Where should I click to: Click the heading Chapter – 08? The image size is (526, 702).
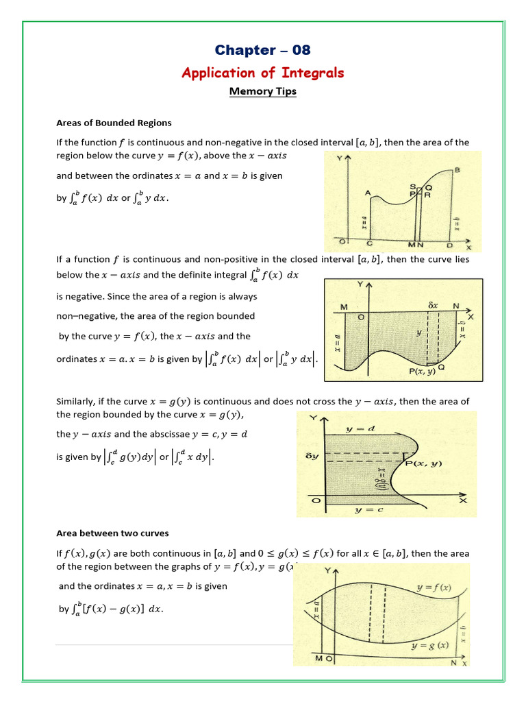click(262, 50)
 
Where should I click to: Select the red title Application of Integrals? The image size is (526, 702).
click(262, 73)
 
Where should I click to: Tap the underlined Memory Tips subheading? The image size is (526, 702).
click(262, 91)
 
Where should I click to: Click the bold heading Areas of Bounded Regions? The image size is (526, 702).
click(114, 123)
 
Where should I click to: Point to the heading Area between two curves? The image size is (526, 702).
click(112, 533)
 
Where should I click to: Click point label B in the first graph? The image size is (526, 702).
click(456, 170)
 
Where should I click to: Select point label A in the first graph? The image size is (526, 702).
click(368, 193)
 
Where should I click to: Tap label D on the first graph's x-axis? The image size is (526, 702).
click(449, 245)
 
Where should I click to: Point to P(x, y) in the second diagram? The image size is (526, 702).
click(424, 371)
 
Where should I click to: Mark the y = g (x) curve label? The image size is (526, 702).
click(429, 645)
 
